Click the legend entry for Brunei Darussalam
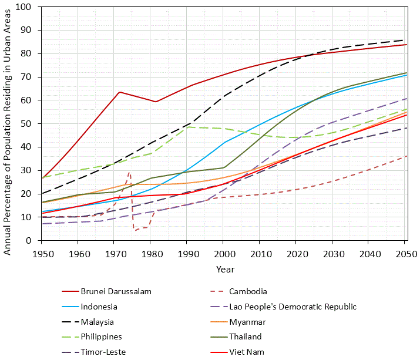pyautogui.click(x=116, y=291)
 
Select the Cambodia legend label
pyautogui.click(x=248, y=291)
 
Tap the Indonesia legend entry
pyautogui.click(x=99, y=307)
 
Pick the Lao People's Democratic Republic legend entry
pyautogui.click(x=293, y=307)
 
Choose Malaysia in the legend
pyautogui.click(x=98, y=322)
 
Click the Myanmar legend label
pyautogui.click(x=247, y=322)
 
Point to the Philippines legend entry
pyautogui.click(x=102, y=337)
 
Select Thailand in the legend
pyautogui.click(x=245, y=337)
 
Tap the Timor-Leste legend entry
pyautogui.click(x=103, y=352)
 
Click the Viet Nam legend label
pyautogui.click(x=247, y=352)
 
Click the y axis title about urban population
pyautogui.click(x=8, y=123)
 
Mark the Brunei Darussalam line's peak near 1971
pyautogui.click(x=119, y=92)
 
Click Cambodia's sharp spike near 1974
pyautogui.click(x=129, y=172)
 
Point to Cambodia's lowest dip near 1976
pyautogui.click(x=135, y=230)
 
